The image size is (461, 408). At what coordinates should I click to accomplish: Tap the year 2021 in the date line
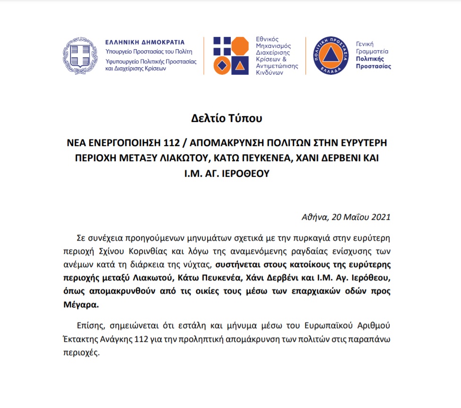pos(377,217)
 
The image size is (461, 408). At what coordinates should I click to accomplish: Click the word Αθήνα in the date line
pos(314,217)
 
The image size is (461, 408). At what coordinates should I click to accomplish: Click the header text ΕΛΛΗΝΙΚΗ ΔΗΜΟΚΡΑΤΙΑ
pos(145,42)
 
